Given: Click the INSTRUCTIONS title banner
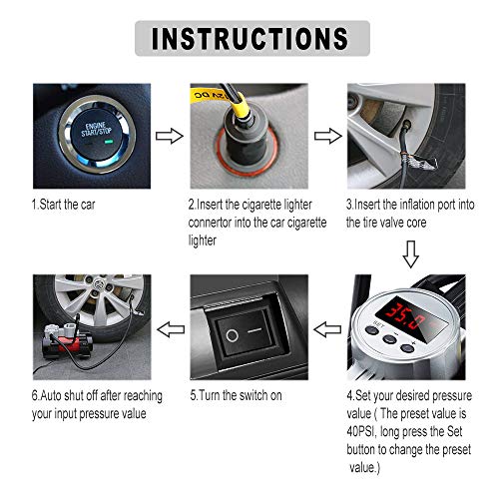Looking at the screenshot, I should click(x=249, y=39).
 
